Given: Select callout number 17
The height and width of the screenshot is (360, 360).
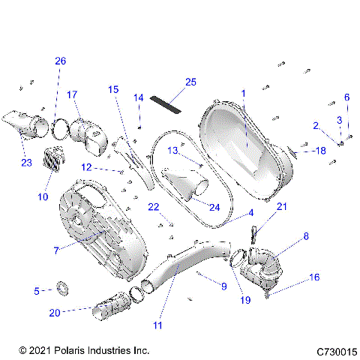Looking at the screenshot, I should [72, 94].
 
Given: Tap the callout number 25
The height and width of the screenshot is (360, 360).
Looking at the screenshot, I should [190, 81].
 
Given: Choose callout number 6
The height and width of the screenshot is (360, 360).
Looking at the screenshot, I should [346, 97].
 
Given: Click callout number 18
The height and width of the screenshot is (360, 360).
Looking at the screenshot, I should [320, 151].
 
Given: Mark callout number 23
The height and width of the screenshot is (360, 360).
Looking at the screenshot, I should [26, 161].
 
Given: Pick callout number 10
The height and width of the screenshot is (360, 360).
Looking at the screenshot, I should [43, 196].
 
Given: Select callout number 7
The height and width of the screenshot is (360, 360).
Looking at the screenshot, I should [57, 248].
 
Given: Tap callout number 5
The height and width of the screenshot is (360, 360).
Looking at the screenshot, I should [37, 290].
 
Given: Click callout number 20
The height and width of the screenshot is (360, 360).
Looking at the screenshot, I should [55, 312].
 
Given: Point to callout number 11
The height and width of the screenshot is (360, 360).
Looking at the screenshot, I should [158, 325].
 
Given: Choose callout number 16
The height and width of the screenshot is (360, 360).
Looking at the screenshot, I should [314, 277].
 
